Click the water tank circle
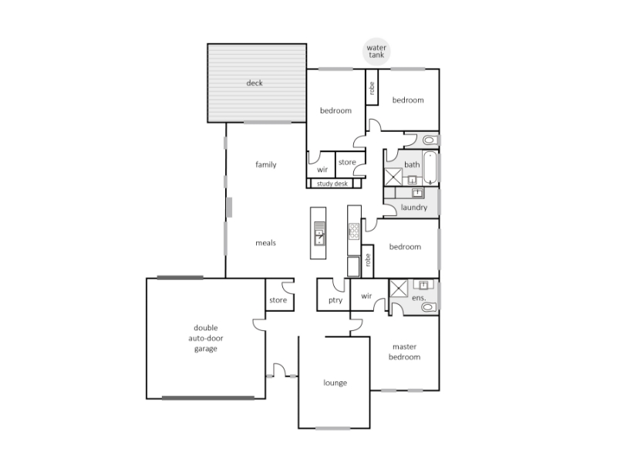(376, 52)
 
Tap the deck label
(255, 83)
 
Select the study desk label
(332, 184)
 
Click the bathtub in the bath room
(430, 167)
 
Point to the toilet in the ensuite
(429, 306)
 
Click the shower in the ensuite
(399, 289)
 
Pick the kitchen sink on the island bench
(319, 233)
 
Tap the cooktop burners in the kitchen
(354, 231)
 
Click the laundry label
(414, 208)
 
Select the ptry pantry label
(335, 300)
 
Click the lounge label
(335, 383)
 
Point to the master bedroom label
(404, 352)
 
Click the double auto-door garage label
(206, 338)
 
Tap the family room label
(265, 164)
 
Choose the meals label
(265, 243)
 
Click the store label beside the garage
(278, 300)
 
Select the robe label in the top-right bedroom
(372, 88)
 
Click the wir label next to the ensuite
(366, 296)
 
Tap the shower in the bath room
(393, 177)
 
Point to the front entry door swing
(280, 370)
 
